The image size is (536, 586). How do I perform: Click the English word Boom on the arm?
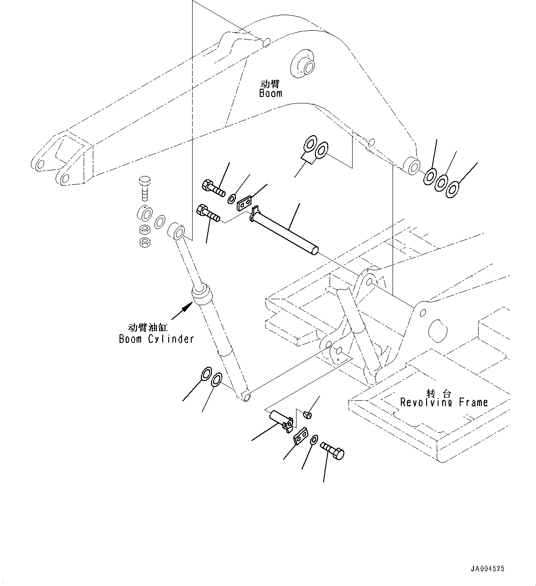(270, 93)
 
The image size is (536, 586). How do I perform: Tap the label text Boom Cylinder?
(156, 339)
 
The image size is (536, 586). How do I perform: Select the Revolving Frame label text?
(444, 403)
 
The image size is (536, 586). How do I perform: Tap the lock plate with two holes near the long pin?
(245, 203)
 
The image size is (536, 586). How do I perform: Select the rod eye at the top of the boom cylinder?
(177, 230)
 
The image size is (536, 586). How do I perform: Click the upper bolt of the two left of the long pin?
(212, 187)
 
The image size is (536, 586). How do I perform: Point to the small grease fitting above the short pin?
(308, 415)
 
